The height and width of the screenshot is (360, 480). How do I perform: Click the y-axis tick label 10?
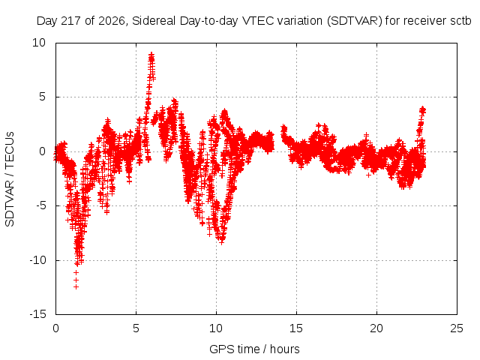(39, 43)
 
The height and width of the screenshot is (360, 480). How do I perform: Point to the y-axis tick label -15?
(37, 314)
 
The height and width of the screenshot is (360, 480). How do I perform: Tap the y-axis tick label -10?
(37, 260)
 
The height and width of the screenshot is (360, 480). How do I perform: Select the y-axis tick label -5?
(41, 205)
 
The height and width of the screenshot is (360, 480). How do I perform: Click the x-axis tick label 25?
(457, 328)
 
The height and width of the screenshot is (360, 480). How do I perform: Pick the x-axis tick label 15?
(296, 328)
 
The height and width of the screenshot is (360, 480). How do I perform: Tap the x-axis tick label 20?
(376, 328)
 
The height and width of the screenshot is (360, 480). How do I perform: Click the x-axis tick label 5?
(136, 328)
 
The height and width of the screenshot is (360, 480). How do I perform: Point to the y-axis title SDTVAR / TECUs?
(10, 179)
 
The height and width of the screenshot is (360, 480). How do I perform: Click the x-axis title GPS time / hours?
(254, 349)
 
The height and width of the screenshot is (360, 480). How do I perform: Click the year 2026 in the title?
(112, 21)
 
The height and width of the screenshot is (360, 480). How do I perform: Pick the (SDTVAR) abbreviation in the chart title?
(355, 21)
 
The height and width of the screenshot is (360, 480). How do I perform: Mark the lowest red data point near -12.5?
(76, 286)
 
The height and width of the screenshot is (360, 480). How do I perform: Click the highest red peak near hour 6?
(151, 55)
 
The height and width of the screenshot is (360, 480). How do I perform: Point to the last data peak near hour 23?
(423, 108)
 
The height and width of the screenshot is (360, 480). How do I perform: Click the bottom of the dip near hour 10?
(222, 241)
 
